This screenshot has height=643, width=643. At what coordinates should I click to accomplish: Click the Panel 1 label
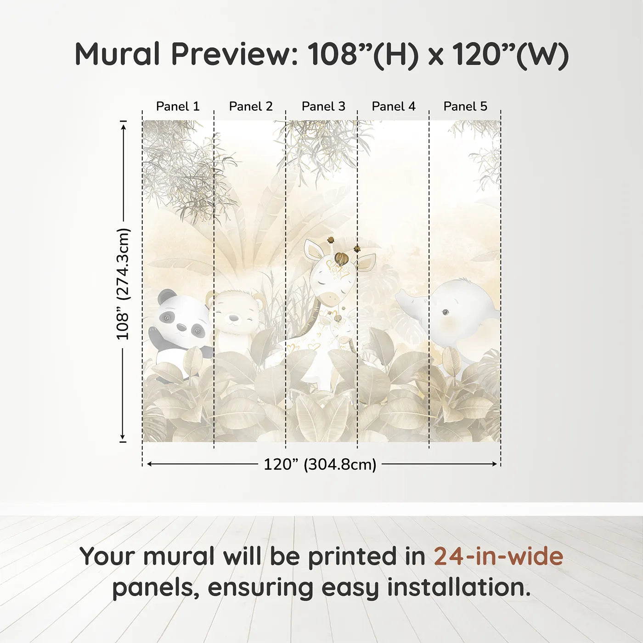tap(178, 106)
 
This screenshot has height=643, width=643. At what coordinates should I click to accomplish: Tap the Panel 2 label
tap(251, 106)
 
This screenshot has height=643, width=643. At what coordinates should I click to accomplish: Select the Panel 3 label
tap(323, 106)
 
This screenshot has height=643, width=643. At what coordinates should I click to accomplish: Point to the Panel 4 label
tap(394, 106)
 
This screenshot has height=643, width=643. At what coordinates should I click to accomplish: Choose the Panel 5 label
tap(465, 106)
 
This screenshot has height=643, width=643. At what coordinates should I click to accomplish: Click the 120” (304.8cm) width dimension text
tap(320, 464)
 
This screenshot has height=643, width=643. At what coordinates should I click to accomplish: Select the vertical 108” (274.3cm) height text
tap(123, 284)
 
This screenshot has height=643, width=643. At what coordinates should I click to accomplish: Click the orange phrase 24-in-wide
tap(498, 556)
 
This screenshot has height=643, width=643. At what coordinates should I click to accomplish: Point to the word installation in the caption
tap(458, 587)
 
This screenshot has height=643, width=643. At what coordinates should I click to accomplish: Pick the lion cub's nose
tap(234, 318)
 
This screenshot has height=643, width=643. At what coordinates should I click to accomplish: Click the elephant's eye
tap(445, 313)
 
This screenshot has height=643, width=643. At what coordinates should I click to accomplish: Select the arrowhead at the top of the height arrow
tap(123, 126)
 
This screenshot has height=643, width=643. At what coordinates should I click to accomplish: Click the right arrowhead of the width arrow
tap(495, 464)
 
